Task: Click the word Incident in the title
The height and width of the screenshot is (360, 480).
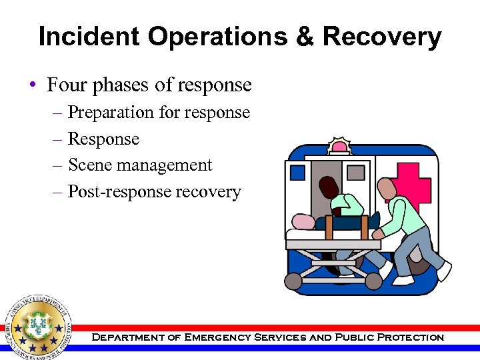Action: coord(89,37)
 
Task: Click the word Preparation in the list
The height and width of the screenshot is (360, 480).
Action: coord(111,113)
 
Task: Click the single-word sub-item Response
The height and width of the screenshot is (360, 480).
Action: coord(104,139)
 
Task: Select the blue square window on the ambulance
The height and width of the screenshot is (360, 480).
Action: coord(297,173)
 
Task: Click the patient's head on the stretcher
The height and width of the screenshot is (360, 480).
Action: coord(303,222)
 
